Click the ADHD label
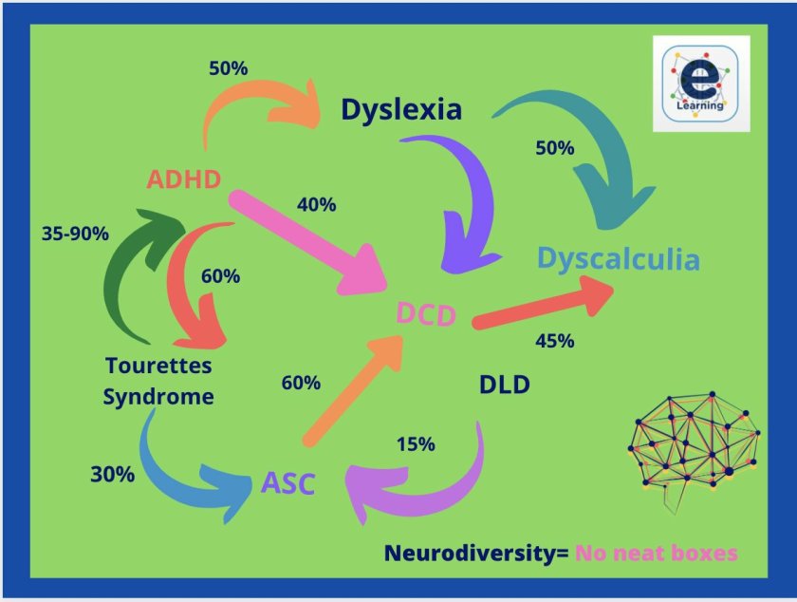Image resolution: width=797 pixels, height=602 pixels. coord(184,179)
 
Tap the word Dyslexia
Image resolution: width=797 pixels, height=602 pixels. coord(401,110)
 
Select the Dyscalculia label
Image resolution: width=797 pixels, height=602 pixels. coord(618,259)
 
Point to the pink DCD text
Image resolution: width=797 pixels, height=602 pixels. coord(426,314)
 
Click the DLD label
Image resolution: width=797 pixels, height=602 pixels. coord(504,385)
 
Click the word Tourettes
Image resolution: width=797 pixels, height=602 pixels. coord(158,366)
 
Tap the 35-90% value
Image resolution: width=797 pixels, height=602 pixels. coord(76,232)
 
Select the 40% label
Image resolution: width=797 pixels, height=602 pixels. coord(317,203)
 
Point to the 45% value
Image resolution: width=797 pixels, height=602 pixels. coord(554,341)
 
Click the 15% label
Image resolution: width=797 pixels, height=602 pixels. coord(415,443)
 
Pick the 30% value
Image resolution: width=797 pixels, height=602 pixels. coord(112,474)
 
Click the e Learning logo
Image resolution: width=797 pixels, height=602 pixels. coord(701,84)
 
